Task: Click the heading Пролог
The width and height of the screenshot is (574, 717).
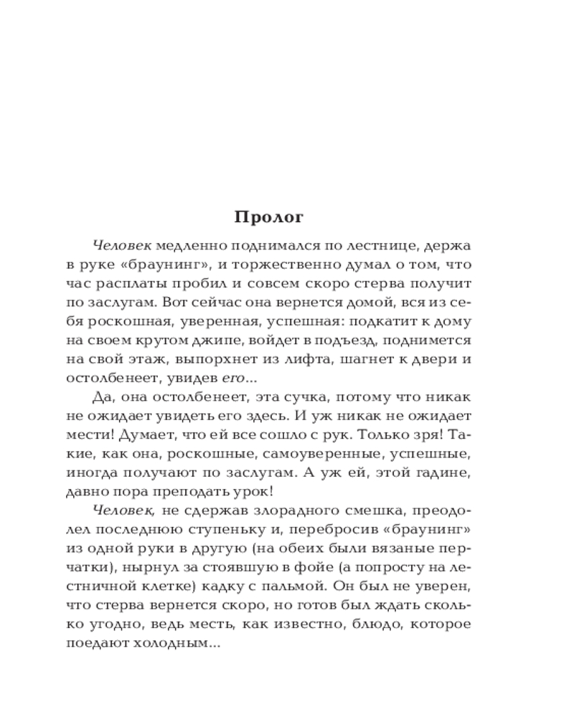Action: (x=269, y=217)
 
